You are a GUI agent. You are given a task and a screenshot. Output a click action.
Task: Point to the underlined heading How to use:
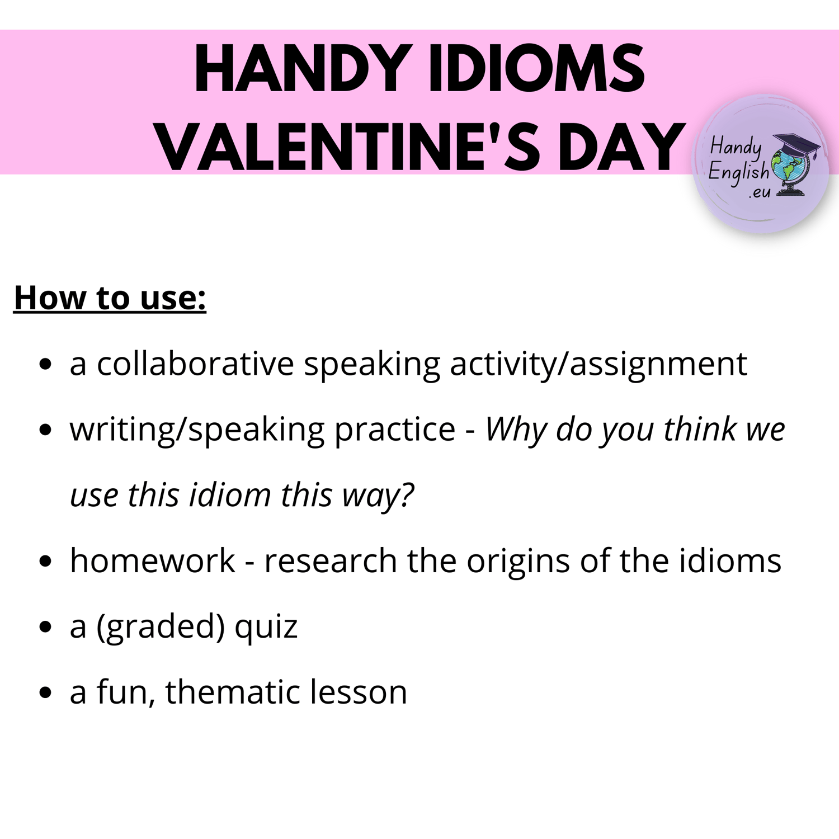point(110,298)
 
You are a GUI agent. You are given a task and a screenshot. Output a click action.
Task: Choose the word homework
point(152,560)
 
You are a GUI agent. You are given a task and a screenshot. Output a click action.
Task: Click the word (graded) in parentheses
point(161,627)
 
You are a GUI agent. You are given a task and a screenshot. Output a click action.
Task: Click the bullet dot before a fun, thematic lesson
point(46,693)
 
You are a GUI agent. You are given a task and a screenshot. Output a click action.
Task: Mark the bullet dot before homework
point(46,562)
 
